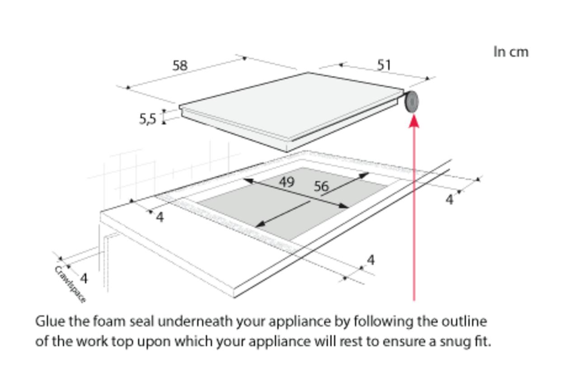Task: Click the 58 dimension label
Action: (x=180, y=65)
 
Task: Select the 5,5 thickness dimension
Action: (x=148, y=119)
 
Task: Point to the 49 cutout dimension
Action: (x=287, y=182)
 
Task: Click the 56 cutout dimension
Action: (x=322, y=186)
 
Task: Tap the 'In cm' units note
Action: (x=511, y=52)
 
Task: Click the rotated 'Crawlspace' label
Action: (x=70, y=284)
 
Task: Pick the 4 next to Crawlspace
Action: (x=84, y=279)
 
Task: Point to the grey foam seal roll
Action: (x=412, y=102)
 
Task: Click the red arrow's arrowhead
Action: (x=414, y=121)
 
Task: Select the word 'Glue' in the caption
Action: (x=50, y=321)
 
